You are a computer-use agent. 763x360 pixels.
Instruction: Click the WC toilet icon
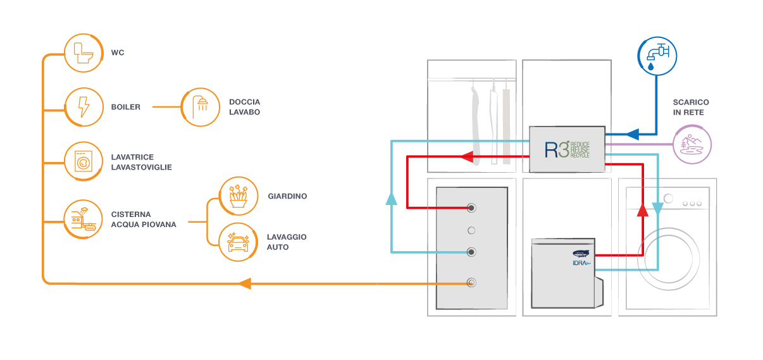click(x=84, y=53)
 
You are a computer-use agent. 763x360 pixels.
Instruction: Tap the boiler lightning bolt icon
click(x=84, y=107)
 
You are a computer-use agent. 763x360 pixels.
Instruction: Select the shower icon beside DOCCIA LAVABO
click(x=201, y=107)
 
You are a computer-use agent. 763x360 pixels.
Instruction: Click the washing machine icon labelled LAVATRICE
click(x=84, y=161)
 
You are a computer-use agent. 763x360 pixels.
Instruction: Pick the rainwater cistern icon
click(x=84, y=219)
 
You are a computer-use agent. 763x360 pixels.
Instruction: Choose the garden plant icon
click(x=239, y=196)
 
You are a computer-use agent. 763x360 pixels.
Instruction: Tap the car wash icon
click(x=239, y=242)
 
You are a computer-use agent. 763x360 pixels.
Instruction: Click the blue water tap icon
click(x=656, y=54)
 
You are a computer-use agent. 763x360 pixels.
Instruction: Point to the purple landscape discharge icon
click(x=692, y=144)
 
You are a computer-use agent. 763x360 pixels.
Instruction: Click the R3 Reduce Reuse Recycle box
click(x=568, y=149)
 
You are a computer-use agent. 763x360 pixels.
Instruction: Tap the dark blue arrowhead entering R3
click(x=631, y=134)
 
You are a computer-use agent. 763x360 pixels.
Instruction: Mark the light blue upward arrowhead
click(x=392, y=200)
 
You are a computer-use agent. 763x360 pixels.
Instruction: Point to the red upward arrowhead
click(x=642, y=210)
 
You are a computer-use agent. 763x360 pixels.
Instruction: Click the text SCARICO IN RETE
click(x=690, y=108)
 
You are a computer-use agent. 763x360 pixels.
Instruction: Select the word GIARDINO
click(x=287, y=196)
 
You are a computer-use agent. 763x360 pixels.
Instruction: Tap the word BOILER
click(x=125, y=107)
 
